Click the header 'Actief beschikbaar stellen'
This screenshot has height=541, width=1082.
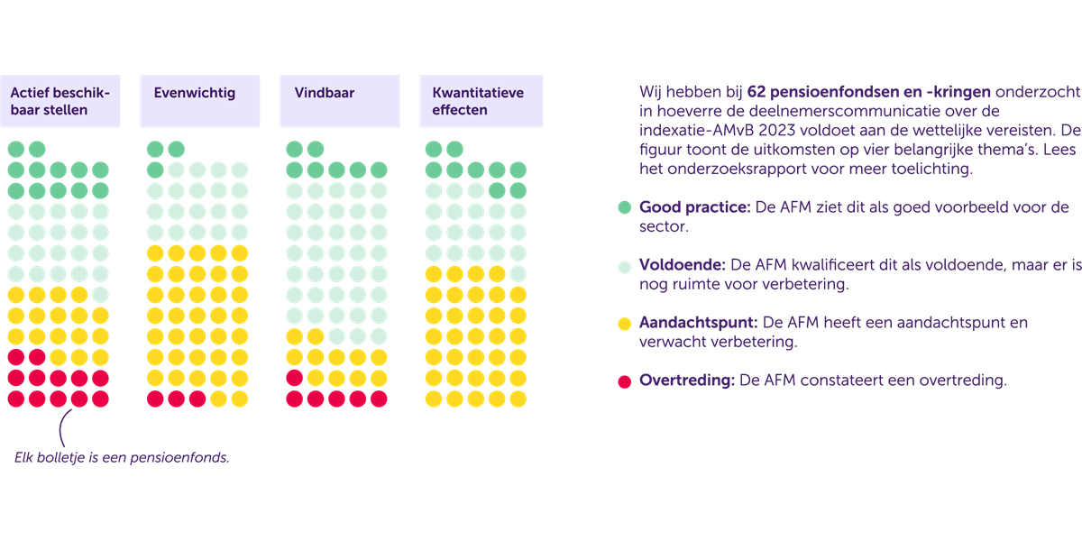(x=60, y=101)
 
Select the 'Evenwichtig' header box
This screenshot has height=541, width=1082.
(x=200, y=101)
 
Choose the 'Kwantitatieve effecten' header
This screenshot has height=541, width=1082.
(x=481, y=101)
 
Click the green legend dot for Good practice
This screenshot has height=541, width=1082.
(x=624, y=207)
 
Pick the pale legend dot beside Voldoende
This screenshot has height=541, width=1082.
(x=624, y=266)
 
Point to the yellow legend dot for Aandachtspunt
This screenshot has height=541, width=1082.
(x=624, y=323)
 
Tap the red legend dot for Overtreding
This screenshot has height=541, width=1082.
(x=624, y=381)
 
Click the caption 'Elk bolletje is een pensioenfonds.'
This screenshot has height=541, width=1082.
(x=122, y=457)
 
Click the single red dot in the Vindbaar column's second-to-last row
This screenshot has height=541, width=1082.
(x=294, y=378)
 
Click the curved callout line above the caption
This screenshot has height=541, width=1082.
(x=63, y=431)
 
